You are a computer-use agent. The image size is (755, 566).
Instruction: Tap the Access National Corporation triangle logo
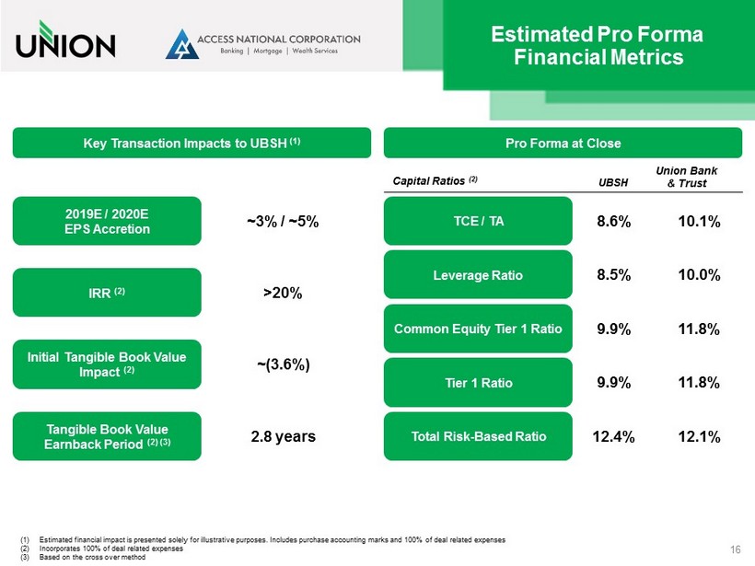coord(181,44)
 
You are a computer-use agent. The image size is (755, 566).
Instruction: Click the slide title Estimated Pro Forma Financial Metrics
coord(598,46)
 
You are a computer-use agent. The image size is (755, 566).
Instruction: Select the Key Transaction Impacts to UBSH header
coord(192,143)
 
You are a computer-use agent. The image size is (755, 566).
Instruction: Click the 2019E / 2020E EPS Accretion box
coord(107,221)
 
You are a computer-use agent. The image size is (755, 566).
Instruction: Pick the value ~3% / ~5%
coord(283,222)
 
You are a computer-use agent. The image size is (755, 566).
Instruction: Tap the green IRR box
coord(107,292)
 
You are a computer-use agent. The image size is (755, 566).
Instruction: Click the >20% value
coord(283,293)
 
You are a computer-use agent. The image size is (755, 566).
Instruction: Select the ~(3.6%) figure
coord(283,364)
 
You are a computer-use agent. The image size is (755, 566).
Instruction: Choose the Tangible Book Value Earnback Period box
coord(107,435)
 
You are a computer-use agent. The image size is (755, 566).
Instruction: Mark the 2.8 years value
coord(283,436)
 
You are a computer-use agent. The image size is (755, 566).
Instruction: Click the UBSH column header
coord(613,183)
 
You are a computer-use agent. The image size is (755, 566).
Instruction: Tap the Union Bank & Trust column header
coord(686,177)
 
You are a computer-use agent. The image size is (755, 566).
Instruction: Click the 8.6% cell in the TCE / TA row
coord(613,222)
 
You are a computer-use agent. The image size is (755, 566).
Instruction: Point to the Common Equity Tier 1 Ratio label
coord(478,329)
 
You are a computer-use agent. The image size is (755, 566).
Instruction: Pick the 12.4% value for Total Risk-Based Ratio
coord(613,436)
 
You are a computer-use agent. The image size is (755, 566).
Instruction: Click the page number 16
coord(735,549)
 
